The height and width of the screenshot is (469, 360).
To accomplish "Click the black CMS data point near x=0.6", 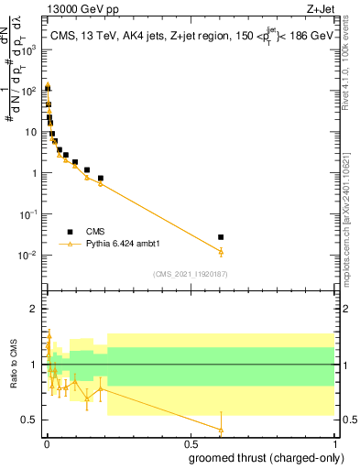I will click(221, 237).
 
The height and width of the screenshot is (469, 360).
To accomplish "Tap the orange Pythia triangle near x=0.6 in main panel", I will click(221, 251).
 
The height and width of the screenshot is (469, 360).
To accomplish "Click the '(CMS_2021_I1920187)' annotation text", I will click(190, 273).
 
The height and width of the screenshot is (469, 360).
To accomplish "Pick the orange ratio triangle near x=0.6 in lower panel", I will click(221, 429).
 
